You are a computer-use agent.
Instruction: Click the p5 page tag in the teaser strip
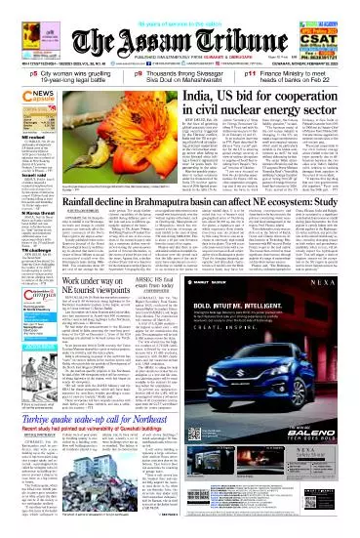click(7, 76)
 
